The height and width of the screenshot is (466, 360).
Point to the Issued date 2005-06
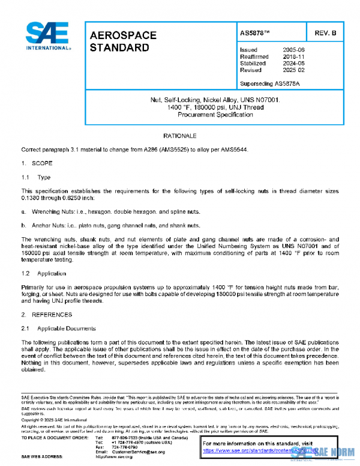click(x=293, y=49)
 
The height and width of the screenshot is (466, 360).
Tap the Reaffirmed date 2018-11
click(x=293, y=56)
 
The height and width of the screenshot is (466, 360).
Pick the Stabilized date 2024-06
click(x=293, y=63)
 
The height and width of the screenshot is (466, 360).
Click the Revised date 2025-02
click(x=293, y=70)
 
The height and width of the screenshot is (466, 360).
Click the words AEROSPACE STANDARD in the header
click(x=122, y=41)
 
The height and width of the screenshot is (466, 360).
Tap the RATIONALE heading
click(x=179, y=136)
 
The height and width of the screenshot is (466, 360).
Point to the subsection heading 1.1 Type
click(x=36, y=177)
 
